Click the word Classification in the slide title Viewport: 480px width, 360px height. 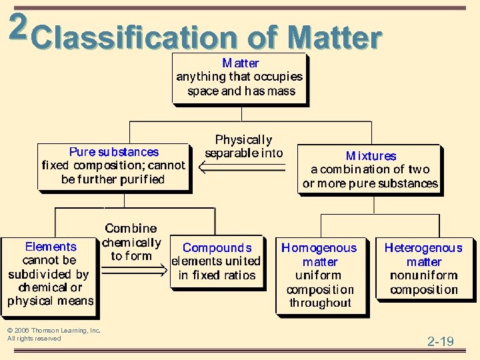point(133,39)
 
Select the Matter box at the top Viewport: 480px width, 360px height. point(240,77)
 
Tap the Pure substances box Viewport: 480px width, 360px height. point(113,166)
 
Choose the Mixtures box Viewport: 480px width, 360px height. point(370,169)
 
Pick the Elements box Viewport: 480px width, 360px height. point(50,274)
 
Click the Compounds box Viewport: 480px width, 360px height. point(217,261)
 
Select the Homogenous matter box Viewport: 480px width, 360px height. point(320,275)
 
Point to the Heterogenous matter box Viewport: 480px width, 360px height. point(423,268)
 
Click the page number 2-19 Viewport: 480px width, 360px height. point(441,342)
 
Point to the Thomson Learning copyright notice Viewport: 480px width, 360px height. point(53,334)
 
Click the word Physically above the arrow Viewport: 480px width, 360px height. point(243,140)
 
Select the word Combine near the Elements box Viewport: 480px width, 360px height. point(131,229)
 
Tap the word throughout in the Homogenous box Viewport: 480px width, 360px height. point(320,303)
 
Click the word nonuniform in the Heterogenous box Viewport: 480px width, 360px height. point(423,275)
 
